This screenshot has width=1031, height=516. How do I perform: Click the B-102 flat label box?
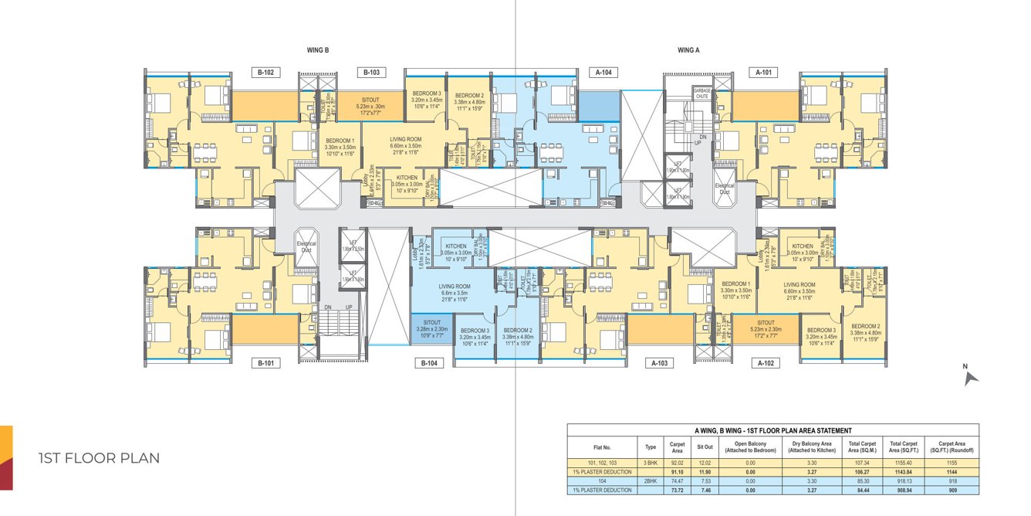pos(266,73)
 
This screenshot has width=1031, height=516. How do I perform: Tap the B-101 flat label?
pos(266,362)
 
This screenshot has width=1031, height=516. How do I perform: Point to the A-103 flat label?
pos(659,362)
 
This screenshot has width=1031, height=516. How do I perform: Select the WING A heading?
pos(688,50)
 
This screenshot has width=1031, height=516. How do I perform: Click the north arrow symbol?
pos(971,376)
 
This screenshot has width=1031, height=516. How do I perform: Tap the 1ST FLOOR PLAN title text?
pos(99,458)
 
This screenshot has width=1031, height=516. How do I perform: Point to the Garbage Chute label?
pos(701,93)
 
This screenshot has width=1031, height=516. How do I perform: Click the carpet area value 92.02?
pos(677,462)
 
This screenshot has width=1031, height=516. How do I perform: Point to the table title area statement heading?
pos(772,430)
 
